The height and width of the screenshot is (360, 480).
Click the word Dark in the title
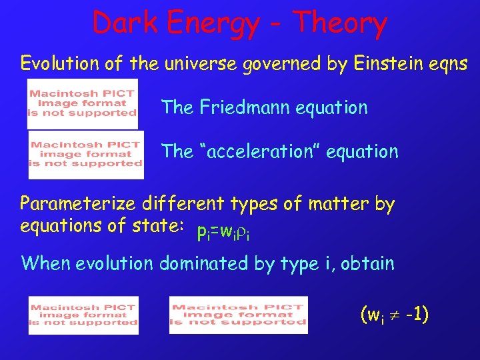point(125,24)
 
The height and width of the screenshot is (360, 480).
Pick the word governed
point(281,64)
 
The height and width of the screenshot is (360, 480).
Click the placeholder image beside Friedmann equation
point(82,103)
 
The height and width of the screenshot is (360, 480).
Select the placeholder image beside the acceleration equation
point(86,154)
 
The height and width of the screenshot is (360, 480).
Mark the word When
point(45,263)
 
